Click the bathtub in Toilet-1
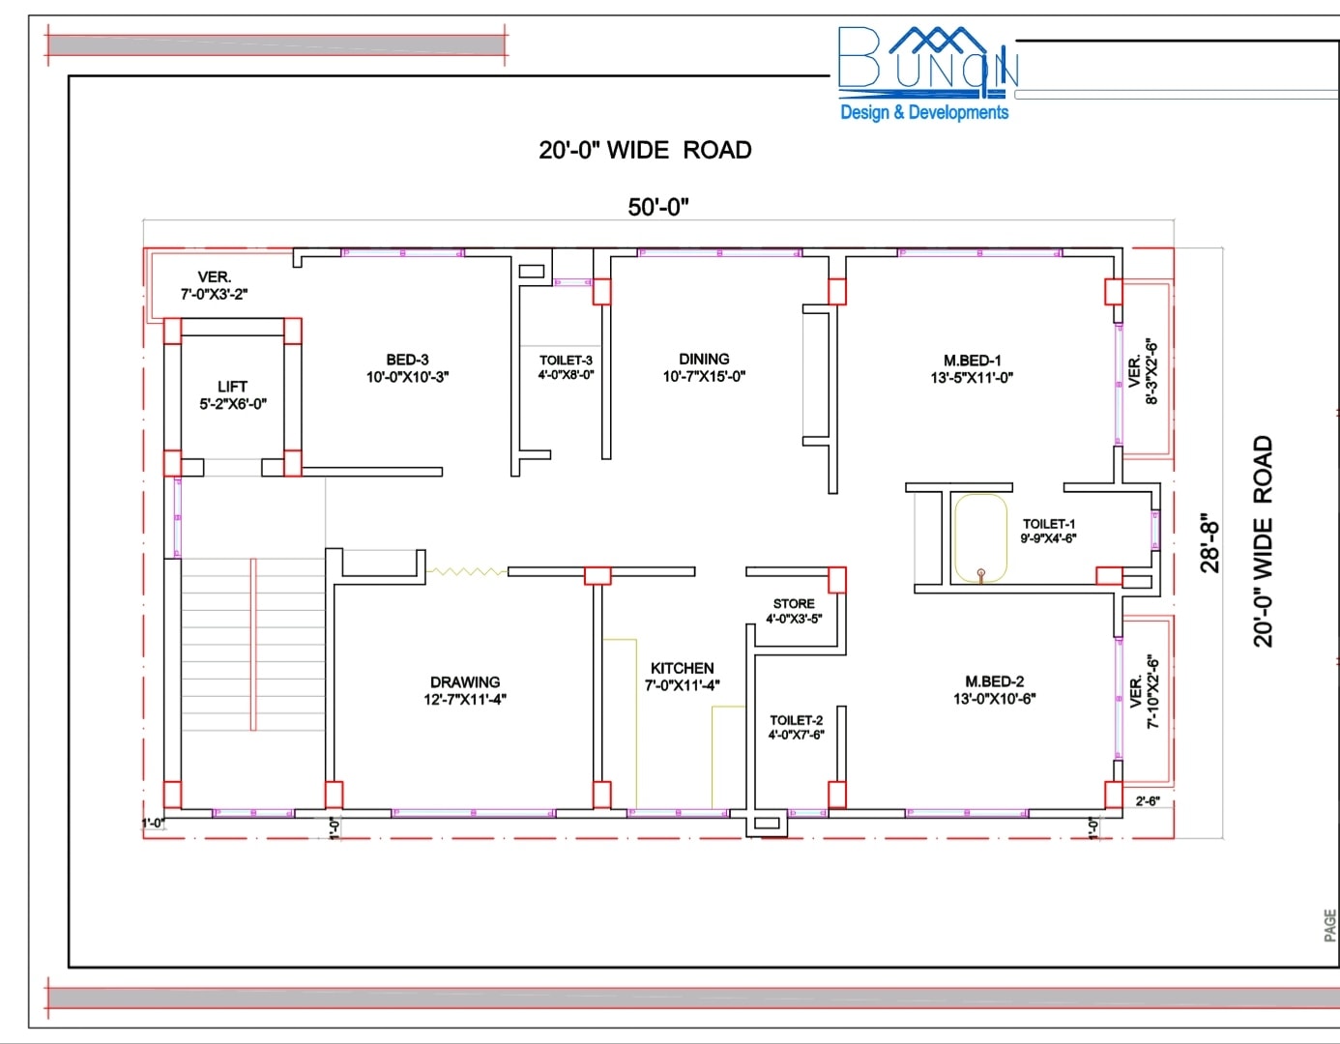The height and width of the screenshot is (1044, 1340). [x=981, y=538]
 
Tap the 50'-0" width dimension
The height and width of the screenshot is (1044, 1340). [x=658, y=207]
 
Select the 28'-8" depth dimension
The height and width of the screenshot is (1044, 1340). [x=1209, y=543]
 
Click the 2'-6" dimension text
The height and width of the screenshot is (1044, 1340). [x=1148, y=801]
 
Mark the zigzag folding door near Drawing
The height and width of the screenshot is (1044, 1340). [x=467, y=572]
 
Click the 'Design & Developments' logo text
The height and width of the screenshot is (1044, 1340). [x=924, y=112]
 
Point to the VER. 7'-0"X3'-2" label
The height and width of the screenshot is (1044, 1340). [x=214, y=285]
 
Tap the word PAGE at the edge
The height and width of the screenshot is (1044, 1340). [x=1330, y=925]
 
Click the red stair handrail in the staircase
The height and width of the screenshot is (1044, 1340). [x=253, y=645]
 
